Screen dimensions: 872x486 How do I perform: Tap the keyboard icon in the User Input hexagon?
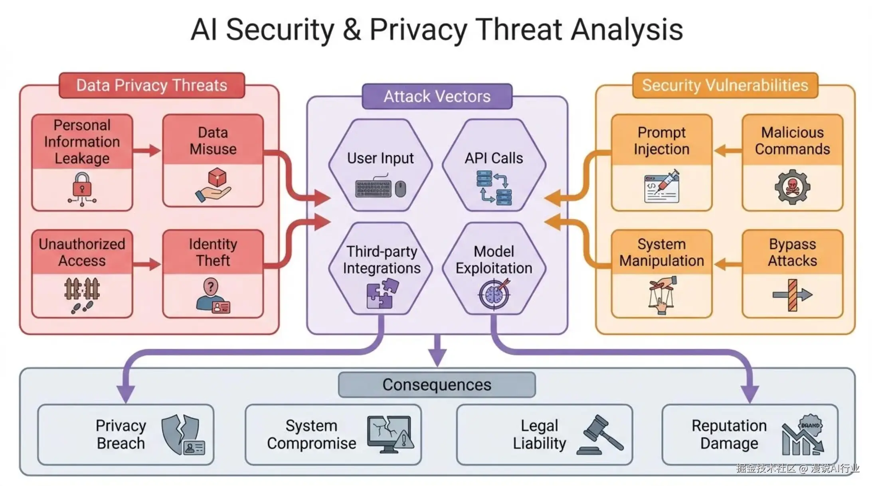coord(373,188)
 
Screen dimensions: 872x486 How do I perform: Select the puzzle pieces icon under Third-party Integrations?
coord(382,293)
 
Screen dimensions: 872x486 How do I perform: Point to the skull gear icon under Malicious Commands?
coord(792,187)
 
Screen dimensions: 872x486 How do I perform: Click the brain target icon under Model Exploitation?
coord(494,294)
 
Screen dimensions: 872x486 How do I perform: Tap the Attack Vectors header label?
coord(437,97)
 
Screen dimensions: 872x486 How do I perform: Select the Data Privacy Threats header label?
coord(152,85)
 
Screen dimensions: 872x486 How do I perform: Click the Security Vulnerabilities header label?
coord(725,85)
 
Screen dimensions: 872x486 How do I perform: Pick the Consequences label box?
coord(437,385)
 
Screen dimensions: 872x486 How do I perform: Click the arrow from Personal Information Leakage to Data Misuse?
coord(147,150)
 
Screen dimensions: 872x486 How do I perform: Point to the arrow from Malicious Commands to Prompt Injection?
coord(728,151)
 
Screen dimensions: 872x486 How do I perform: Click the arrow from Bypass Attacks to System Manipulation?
coord(728,264)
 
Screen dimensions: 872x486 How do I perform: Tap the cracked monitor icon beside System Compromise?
coord(390,435)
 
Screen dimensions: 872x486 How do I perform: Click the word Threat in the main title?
coord(519,30)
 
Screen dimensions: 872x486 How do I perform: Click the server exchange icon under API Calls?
coord(494,188)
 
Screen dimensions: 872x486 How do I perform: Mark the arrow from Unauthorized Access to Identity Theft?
coord(147,264)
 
